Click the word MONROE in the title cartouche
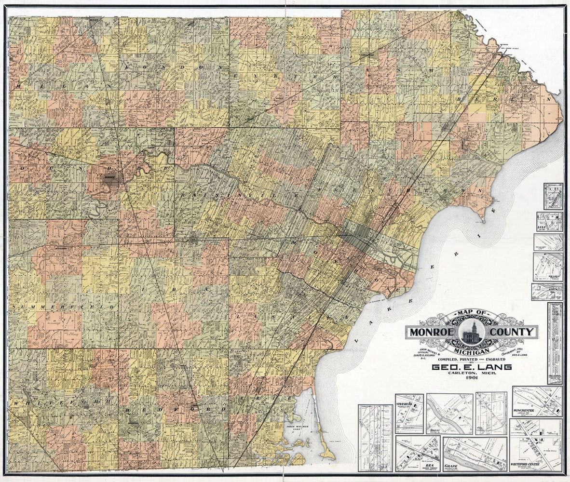(431, 332)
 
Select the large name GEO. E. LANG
(472, 367)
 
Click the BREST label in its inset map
(435, 429)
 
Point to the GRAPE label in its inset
(451, 467)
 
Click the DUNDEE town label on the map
(109, 177)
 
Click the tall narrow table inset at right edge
(555, 343)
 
